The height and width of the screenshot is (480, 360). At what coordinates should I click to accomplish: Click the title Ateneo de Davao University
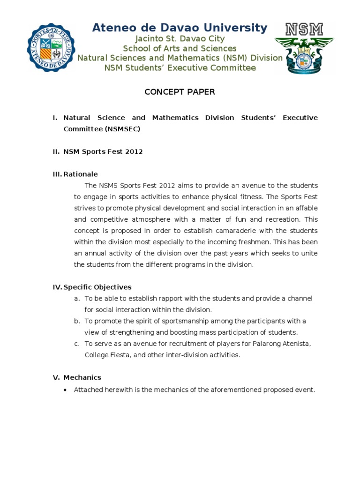180,28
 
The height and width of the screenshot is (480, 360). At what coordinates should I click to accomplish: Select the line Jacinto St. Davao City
180,39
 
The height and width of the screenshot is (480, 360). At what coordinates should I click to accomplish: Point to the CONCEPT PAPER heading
180,92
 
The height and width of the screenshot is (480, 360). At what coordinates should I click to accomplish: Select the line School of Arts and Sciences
180,48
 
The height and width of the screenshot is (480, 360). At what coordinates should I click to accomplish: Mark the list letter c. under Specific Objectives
77,344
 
